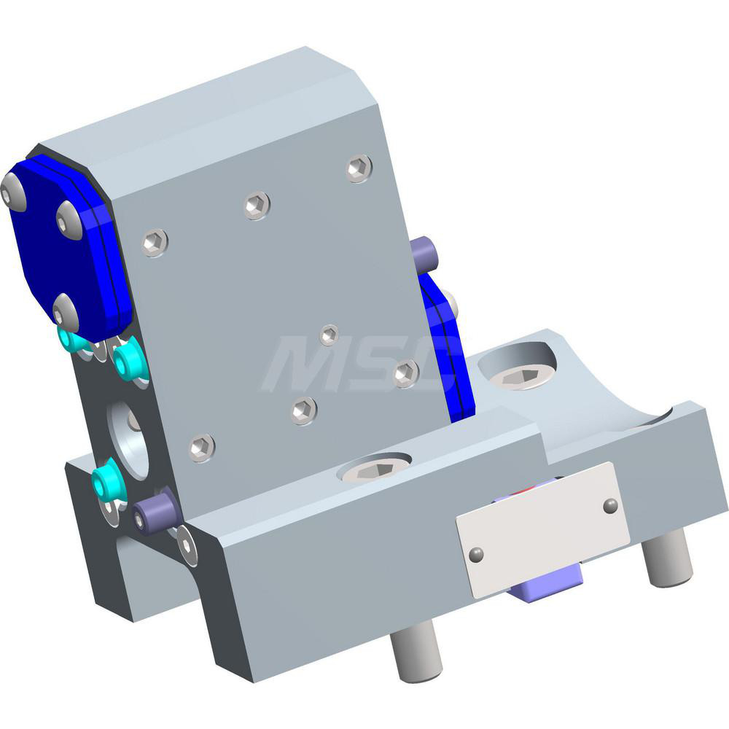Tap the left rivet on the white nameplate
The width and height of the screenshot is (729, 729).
click(477, 555)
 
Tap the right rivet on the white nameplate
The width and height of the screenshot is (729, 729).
click(611, 504)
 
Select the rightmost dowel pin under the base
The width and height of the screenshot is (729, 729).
click(668, 558)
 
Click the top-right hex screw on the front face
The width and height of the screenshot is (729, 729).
click(359, 168)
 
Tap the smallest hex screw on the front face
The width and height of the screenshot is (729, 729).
click(330, 335)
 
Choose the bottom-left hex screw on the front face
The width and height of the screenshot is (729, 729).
click(202, 447)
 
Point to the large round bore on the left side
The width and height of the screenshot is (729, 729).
click(129, 437)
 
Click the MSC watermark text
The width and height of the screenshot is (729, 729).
click(357, 364)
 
